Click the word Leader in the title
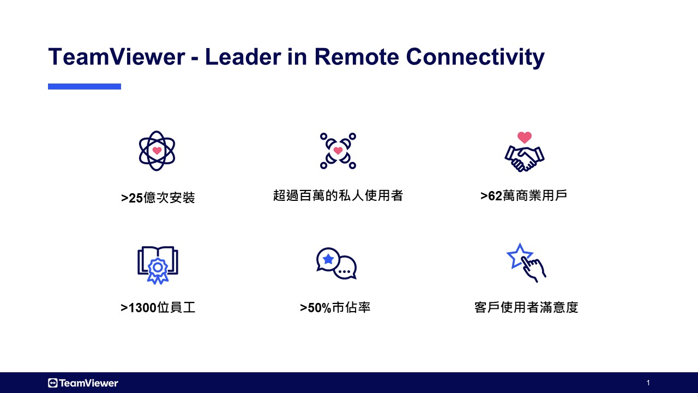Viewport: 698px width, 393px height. click(x=243, y=57)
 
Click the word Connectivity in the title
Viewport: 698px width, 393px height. click(x=475, y=57)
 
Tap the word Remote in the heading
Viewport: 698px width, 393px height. click(x=357, y=57)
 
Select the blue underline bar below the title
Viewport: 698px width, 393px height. click(x=85, y=86)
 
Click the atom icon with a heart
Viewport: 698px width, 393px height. click(x=157, y=151)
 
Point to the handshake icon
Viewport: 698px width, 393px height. click(x=525, y=159)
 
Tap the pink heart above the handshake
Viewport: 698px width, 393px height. click(x=525, y=137)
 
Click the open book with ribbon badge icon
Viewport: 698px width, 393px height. click(x=158, y=265)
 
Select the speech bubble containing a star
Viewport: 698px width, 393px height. click(x=328, y=259)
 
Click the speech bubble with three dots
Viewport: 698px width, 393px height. click(x=345, y=268)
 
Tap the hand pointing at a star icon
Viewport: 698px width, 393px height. click(x=526, y=263)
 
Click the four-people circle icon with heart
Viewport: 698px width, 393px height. click(x=338, y=151)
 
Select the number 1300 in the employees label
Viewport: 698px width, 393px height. click(x=142, y=308)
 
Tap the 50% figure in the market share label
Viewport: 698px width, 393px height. click(x=319, y=308)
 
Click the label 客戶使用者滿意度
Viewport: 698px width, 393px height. click(x=526, y=307)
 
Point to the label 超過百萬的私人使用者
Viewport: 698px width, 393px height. click(x=338, y=195)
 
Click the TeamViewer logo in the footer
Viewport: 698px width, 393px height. click(x=83, y=383)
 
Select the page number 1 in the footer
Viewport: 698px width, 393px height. click(x=648, y=383)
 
